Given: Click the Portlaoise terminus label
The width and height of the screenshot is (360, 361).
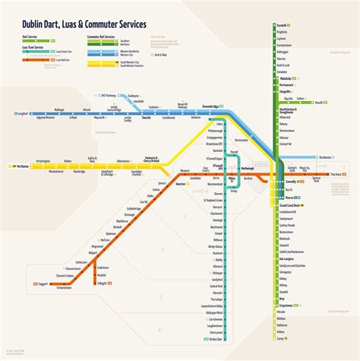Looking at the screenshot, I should [22, 165].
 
